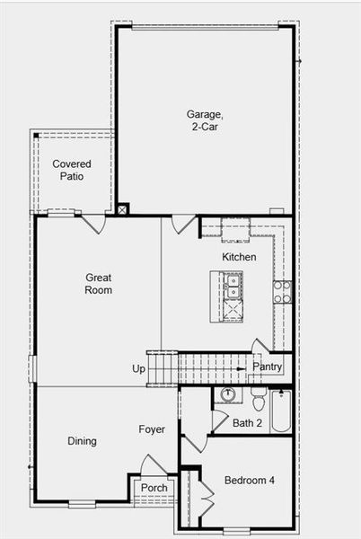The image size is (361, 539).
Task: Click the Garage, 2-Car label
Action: coord(203,120)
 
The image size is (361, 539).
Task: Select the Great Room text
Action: coord(99,284)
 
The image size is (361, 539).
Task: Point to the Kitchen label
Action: coord(239,257)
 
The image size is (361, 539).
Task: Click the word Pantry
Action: coord(268,367)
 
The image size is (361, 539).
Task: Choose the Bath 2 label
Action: coord(247,423)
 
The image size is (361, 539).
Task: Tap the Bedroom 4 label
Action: coord(250,481)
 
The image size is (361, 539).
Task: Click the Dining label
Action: coord(82,441)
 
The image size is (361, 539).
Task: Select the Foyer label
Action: coord(152,429)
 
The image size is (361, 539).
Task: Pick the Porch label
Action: coord(154,489)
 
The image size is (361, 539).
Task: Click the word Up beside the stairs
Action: coord(139,369)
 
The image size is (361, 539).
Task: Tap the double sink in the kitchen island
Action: coord(233,287)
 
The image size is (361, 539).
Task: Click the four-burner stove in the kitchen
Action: coord(281,291)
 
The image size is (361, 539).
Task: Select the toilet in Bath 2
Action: coord(259,400)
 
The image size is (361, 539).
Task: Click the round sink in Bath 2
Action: coord(227,394)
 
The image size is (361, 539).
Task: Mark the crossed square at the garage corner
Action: coord(122,209)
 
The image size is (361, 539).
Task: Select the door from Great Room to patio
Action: coord(94,222)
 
